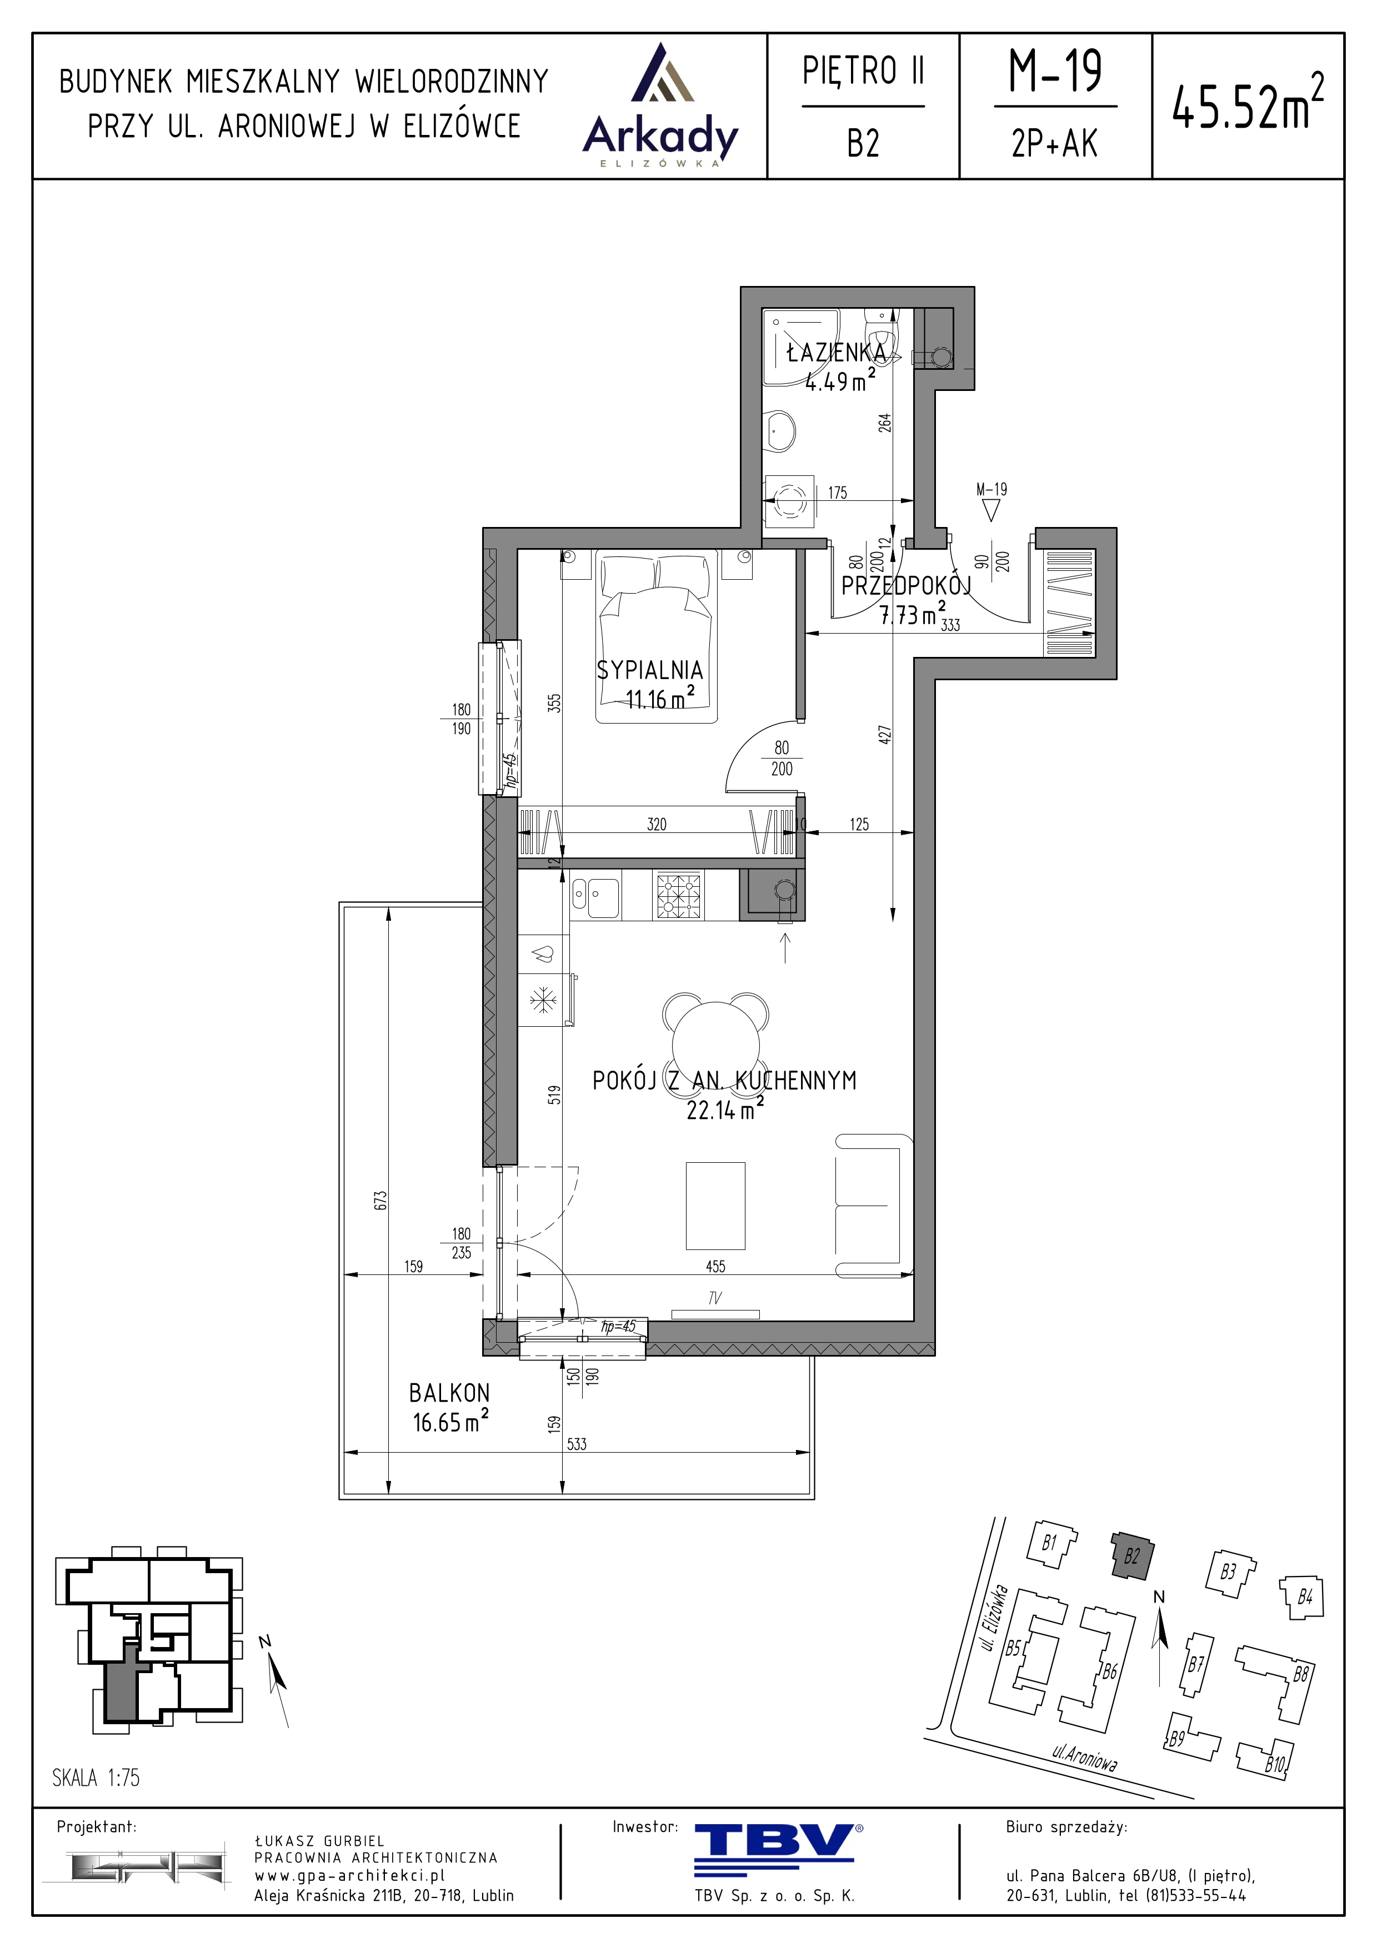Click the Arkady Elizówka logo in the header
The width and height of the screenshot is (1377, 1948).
click(x=660, y=105)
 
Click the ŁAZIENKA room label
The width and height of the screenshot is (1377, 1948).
click(x=836, y=352)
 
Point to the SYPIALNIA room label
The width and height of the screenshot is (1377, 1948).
click(x=650, y=670)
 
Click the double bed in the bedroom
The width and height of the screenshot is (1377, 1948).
click(x=658, y=636)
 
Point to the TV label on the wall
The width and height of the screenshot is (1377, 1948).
click(x=714, y=1297)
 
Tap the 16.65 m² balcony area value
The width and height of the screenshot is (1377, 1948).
click(x=450, y=1422)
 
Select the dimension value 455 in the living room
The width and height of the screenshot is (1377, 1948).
click(x=715, y=1266)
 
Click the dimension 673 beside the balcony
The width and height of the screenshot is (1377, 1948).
click(x=380, y=1199)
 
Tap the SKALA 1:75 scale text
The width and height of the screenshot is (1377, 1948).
click(x=96, y=1778)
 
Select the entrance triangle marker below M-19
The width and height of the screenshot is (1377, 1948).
click(x=991, y=509)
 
